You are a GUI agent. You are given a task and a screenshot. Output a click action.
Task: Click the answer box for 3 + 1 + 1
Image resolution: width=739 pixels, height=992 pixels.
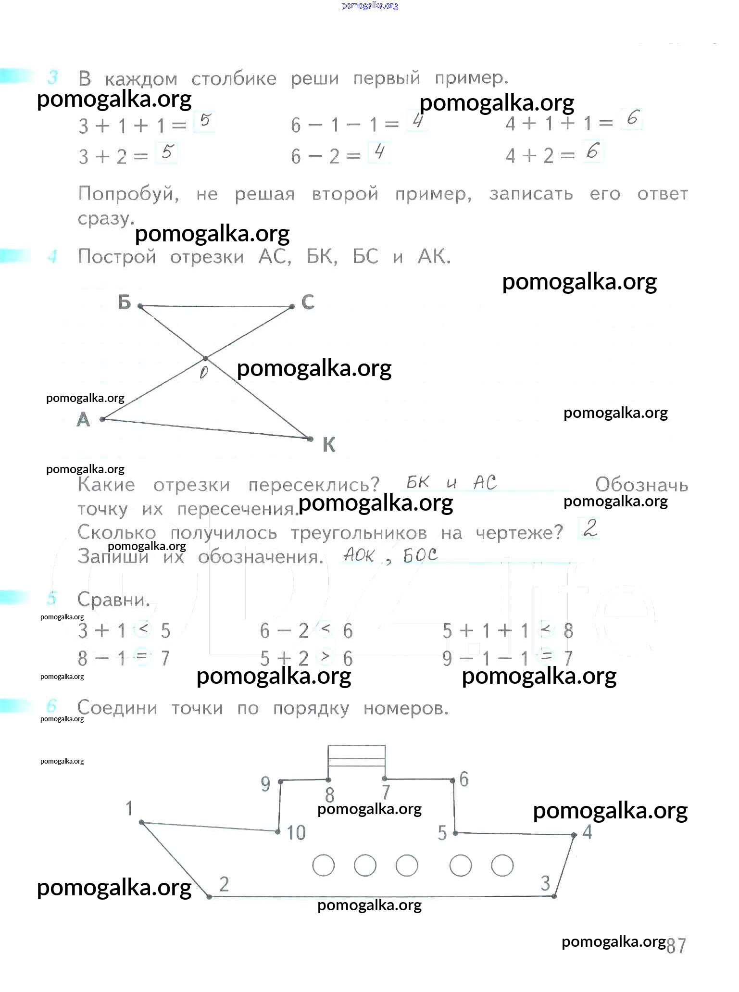205,122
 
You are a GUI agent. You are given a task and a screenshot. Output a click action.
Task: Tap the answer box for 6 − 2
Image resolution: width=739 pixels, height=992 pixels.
379,153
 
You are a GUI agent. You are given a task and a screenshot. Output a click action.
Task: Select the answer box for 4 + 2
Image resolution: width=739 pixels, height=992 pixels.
592,152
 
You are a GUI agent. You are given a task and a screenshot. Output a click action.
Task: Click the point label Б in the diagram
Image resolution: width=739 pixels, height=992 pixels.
125,302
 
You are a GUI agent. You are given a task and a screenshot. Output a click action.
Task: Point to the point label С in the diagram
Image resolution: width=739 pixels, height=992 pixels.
308,302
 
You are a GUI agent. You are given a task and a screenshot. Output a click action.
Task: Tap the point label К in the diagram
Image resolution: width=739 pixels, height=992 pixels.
329,445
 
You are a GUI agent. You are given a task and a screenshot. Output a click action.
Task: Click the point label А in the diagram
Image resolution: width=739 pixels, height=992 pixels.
83,420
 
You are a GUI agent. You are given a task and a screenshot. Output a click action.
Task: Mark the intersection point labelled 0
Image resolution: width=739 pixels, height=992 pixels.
205,359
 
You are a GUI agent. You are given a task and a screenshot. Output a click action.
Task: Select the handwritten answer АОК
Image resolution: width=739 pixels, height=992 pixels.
359,556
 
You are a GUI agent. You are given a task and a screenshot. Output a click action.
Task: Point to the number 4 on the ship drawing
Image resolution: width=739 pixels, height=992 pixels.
587,832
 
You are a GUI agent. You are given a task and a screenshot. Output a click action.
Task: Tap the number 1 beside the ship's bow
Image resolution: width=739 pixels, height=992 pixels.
129,808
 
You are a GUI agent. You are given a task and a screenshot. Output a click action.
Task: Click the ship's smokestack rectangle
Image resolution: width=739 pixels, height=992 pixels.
356,759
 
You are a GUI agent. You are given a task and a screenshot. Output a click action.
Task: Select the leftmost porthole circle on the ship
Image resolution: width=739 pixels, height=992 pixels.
323,865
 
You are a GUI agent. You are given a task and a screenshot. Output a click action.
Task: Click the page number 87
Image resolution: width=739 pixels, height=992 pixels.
676,945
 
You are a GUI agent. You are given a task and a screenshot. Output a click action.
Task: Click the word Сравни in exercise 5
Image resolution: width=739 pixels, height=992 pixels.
114,600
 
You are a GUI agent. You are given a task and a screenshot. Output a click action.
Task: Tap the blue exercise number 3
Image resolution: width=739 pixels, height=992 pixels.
53,77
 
